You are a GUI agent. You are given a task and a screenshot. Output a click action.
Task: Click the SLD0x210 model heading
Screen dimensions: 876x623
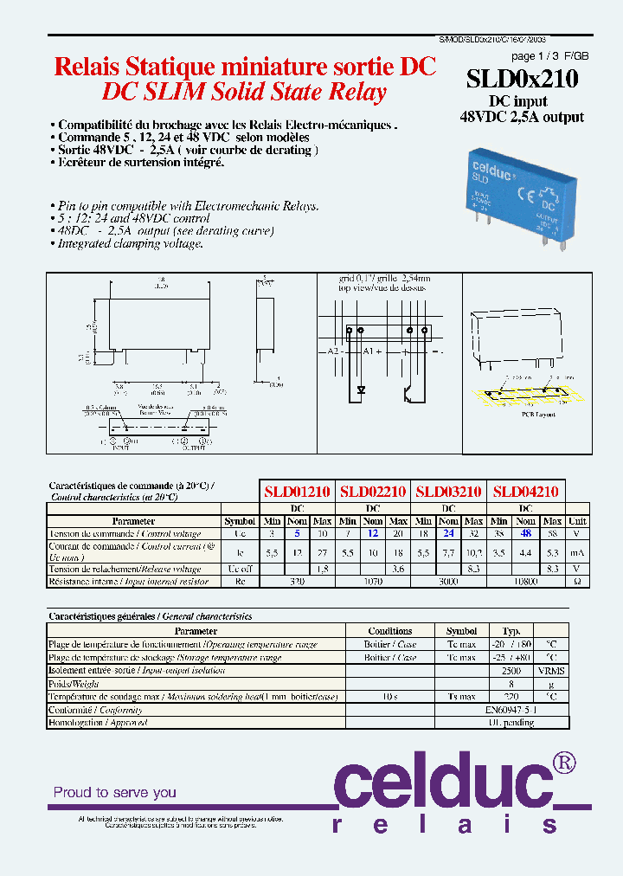(522, 79)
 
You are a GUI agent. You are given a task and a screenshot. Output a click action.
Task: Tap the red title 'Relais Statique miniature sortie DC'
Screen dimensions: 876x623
(245, 68)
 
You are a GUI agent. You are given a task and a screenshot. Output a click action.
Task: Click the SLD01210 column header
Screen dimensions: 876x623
(297, 491)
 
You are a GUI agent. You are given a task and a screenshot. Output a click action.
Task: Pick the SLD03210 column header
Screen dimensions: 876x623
(448, 491)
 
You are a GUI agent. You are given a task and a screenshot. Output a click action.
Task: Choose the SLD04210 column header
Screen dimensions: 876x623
(525, 491)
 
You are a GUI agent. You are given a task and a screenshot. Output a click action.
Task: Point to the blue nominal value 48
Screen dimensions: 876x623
(525, 534)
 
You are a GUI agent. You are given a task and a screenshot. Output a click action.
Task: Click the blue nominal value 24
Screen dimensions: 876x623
(448, 534)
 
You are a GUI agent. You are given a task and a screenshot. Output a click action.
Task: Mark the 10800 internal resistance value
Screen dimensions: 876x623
(525, 582)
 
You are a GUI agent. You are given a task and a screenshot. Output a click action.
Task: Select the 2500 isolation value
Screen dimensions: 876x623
(511, 671)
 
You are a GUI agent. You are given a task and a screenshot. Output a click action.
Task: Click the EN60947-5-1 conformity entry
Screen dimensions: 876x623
(511, 710)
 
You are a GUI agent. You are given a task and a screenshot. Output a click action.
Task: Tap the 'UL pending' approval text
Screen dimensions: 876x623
(511, 723)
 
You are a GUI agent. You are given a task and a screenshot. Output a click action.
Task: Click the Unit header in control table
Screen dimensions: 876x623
(577, 521)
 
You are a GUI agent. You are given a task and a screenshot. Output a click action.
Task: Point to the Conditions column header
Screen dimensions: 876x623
(390, 631)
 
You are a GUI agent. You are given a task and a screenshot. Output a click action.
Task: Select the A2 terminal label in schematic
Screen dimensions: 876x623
(333, 352)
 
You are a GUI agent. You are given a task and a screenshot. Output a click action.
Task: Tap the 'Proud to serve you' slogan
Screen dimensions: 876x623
(115, 792)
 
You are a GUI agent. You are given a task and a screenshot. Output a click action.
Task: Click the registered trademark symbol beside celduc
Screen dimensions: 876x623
(563, 763)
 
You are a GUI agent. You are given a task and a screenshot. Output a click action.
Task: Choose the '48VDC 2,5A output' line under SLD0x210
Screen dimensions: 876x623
(522, 117)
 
